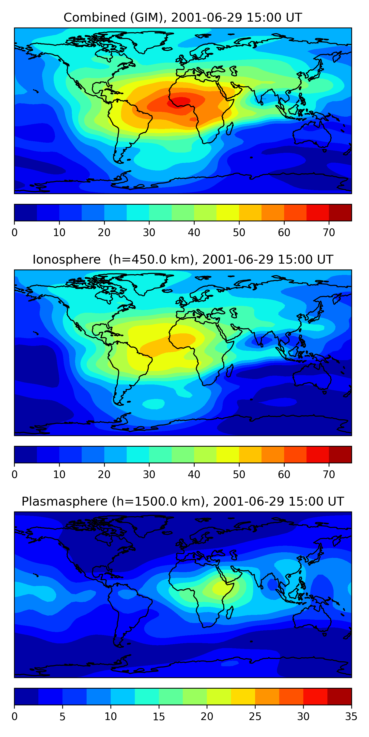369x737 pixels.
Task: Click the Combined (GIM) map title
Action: point(183,17)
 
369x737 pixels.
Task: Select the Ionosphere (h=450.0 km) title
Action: point(183,259)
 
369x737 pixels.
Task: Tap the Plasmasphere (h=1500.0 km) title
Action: point(183,502)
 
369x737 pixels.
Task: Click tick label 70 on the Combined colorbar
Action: point(329,233)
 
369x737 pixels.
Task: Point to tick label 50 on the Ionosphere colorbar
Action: point(239,475)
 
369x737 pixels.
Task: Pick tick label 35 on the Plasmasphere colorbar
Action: point(351,717)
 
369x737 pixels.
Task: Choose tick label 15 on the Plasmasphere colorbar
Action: point(159,717)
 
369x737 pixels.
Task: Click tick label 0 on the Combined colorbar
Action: point(15,233)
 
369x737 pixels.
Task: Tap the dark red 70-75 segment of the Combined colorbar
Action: point(340,213)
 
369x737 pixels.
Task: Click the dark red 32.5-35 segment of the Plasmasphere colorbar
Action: point(339,697)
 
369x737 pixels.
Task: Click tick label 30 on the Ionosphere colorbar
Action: point(149,475)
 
